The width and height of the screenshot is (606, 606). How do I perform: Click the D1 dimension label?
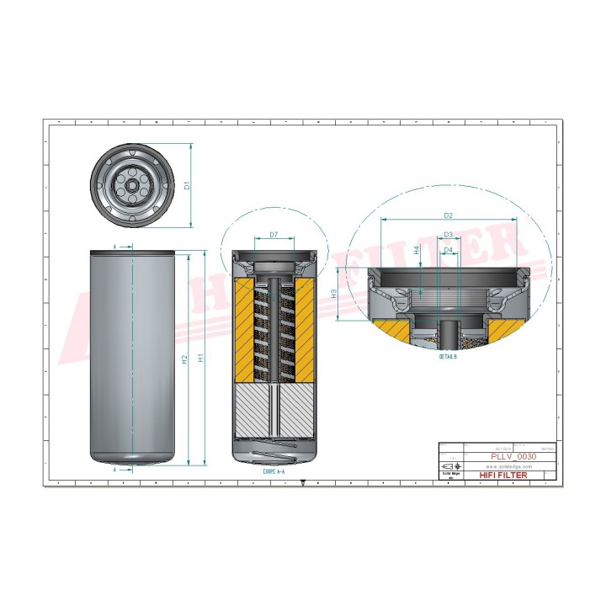(x=189, y=184)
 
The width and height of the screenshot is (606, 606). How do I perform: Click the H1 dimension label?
(x=199, y=358)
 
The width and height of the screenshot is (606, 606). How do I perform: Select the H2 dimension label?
(x=184, y=359)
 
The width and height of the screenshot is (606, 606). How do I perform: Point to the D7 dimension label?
(x=274, y=235)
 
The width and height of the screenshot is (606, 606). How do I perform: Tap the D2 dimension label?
(x=448, y=215)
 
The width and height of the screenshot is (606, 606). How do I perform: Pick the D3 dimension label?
(x=449, y=235)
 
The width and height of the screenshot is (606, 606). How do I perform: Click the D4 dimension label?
(x=449, y=250)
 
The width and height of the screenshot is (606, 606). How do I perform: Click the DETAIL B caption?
(x=448, y=357)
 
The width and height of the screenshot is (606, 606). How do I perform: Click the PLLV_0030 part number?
(x=513, y=455)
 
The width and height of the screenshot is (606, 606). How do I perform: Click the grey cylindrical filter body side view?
(x=133, y=358)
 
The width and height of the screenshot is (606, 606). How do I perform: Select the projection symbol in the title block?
(x=448, y=465)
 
